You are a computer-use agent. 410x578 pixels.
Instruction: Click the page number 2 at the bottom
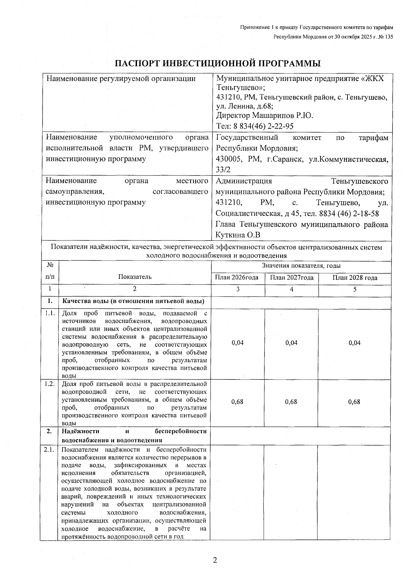pyautogui.click(x=215, y=560)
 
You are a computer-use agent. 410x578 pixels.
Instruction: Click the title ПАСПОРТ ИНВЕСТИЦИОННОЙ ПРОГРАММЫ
pyautogui.click(x=218, y=64)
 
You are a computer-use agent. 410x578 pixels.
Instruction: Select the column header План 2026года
pyautogui.click(x=236, y=278)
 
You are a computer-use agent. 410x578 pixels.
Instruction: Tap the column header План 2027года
pyautogui.click(x=291, y=278)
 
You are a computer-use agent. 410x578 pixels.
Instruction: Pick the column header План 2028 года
pyautogui.click(x=355, y=278)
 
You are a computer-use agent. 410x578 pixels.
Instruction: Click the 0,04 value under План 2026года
pyautogui.click(x=237, y=343)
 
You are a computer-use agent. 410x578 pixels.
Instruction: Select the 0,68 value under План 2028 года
pyautogui.click(x=354, y=402)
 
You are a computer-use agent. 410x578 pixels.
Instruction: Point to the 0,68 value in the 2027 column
pyautogui.click(x=291, y=402)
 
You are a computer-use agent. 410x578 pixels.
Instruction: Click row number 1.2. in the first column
pyautogui.click(x=50, y=384)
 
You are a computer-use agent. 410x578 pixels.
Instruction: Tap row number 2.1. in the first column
pyautogui.click(x=50, y=450)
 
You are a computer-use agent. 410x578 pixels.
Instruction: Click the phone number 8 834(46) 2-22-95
pyautogui.click(x=263, y=126)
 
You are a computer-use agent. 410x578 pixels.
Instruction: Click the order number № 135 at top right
pyautogui.click(x=385, y=37)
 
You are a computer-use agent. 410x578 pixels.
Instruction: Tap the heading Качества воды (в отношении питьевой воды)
pyautogui.click(x=133, y=301)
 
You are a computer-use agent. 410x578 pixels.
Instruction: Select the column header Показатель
pyautogui.click(x=135, y=277)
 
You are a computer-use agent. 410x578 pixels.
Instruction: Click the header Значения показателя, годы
pyautogui.click(x=301, y=266)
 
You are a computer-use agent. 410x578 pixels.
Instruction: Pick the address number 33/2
pyautogui.click(x=222, y=169)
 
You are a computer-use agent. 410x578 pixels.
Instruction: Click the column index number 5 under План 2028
pyautogui.click(x=355, y=289)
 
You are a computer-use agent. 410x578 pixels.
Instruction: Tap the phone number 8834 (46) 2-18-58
pyautogui.click(x=349, y=214)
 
